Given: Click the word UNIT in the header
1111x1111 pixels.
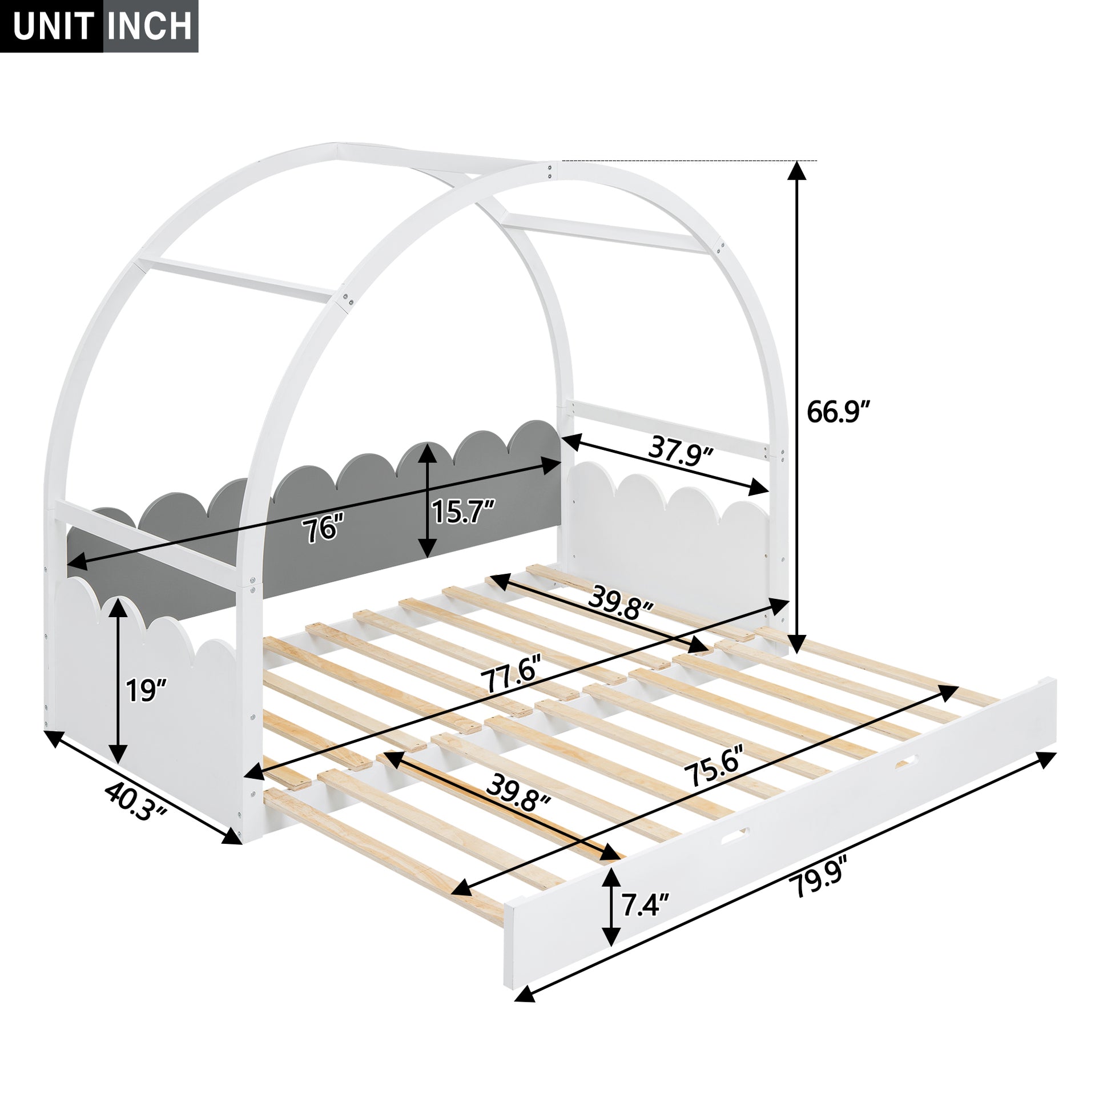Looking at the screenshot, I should tap(53, 26).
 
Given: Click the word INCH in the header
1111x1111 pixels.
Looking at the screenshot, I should tap(150, 26).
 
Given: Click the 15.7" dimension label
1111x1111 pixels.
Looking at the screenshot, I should tap(463, 511).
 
